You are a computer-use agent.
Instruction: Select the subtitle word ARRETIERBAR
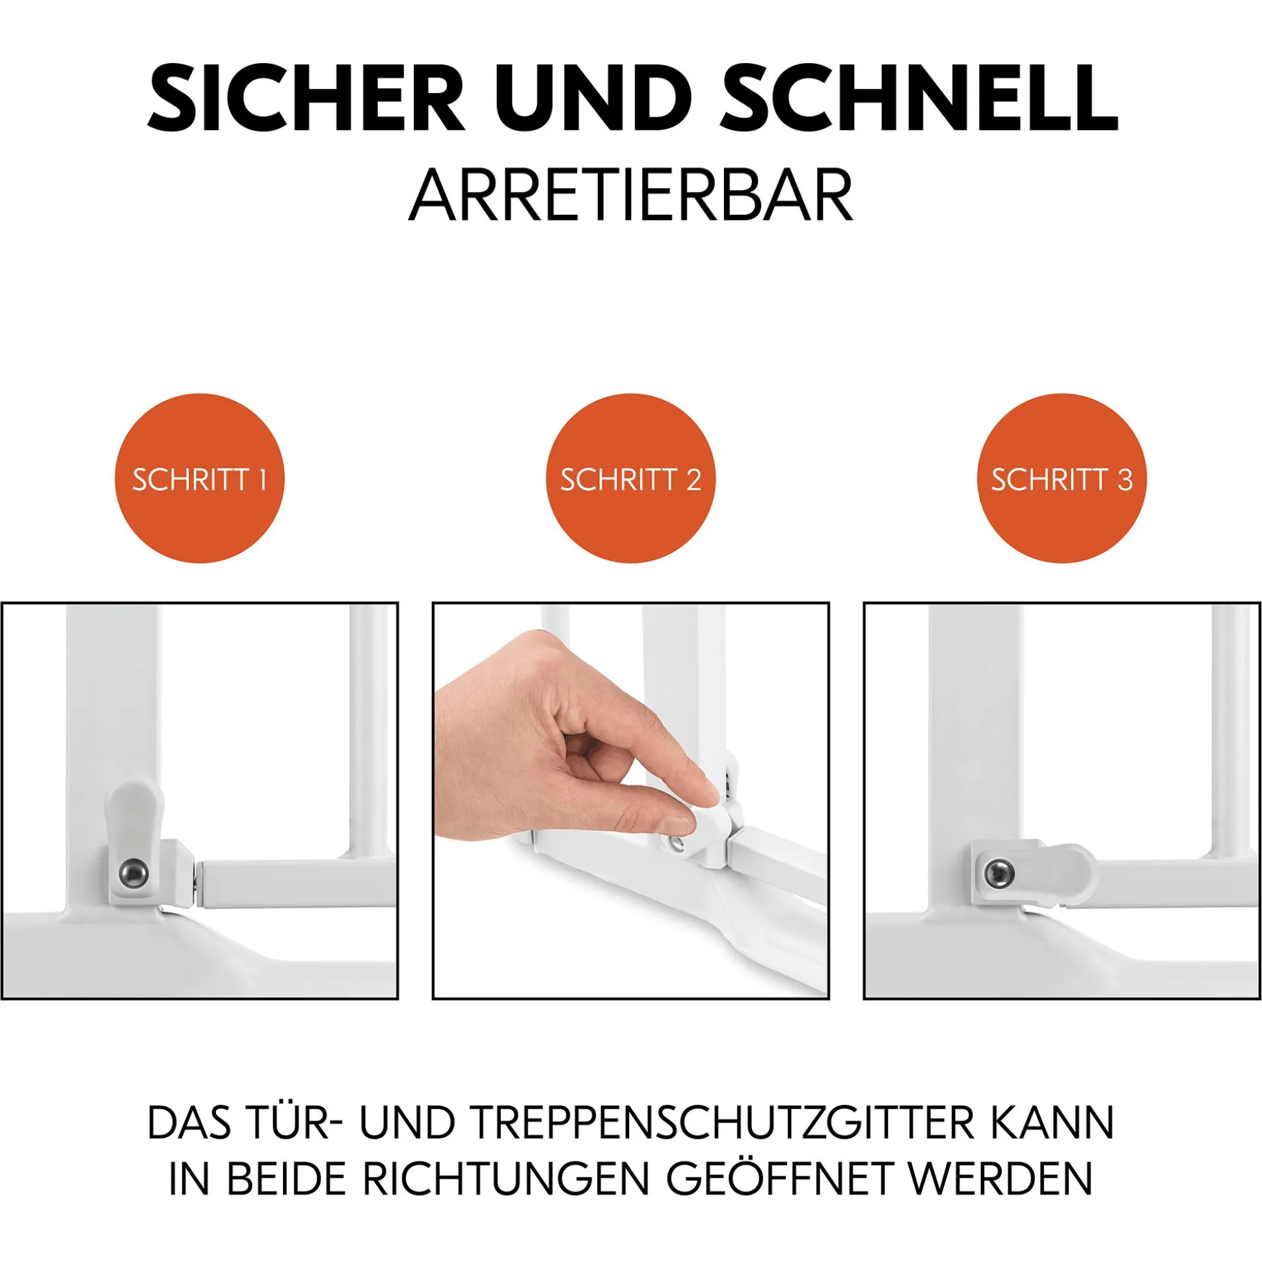point(630,194)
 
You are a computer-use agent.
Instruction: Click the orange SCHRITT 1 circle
point(199,478)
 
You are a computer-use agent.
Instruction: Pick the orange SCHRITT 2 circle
point(630,478)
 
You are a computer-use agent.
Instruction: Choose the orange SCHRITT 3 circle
point(1062,478)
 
